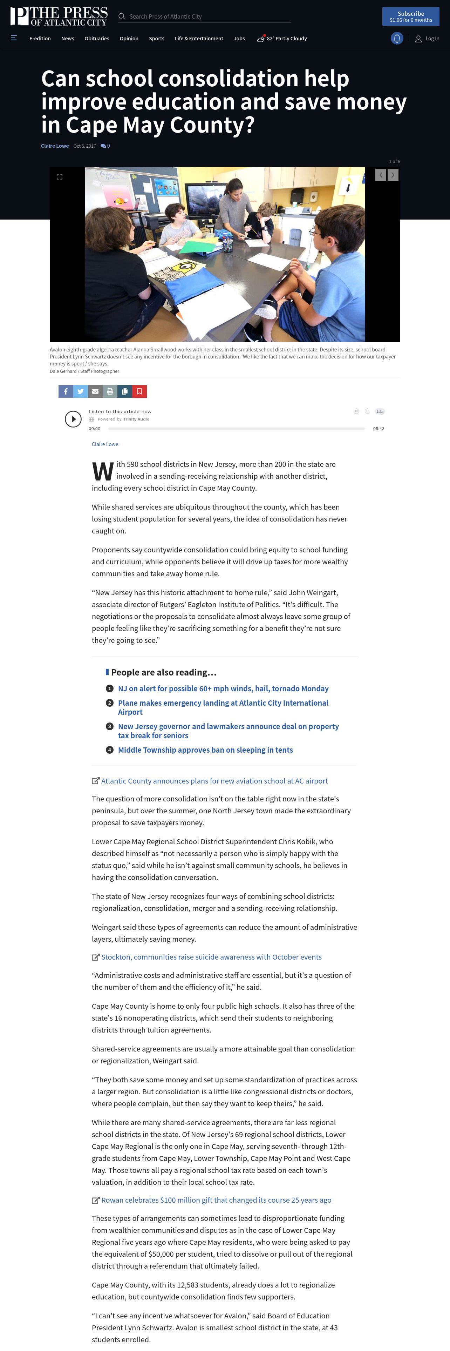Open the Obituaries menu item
[97, 38]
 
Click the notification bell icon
[397, 38]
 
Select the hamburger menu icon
[14, 38]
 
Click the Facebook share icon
[66, 391]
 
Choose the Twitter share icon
[80, 391]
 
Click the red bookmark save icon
[139, 391]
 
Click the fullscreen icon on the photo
[60, 177]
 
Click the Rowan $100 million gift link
[216, 1200]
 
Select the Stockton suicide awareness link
[211, 957]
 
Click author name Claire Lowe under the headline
[54, 146]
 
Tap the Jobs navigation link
[239, 38]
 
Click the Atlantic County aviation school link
[214, 781]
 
